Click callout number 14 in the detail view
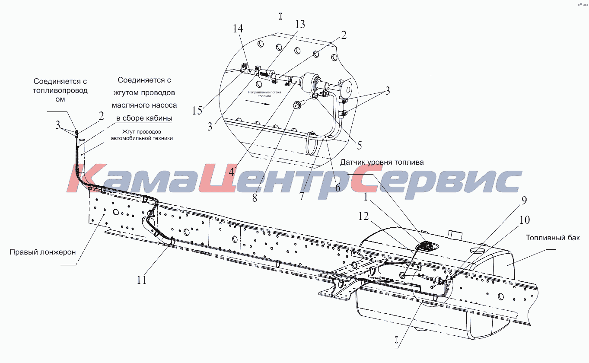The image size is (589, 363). tap(238, 29)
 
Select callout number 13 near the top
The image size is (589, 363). tap(300, 25)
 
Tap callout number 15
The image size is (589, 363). tap(197, 111)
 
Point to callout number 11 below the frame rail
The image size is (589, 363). tap(142, 280)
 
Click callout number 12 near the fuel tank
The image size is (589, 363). tap(364, 216)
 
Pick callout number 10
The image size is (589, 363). tap(525, 220)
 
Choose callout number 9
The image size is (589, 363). tap(524, 201)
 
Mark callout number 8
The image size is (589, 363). tap(255, 198)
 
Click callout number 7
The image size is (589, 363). tap(301, 196)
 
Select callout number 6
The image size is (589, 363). tap(338, 188)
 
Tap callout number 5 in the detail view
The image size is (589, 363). tap(360, 145)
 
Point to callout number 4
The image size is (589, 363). tap(231, 172)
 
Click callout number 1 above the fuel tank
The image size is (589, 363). tap(366, 197)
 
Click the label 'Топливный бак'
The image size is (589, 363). tap(553, 238)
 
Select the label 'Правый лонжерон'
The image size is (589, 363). tap(43, 252)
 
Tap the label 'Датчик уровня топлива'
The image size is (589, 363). tap(382, 162)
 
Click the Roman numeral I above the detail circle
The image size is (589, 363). tap(280, 16)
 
